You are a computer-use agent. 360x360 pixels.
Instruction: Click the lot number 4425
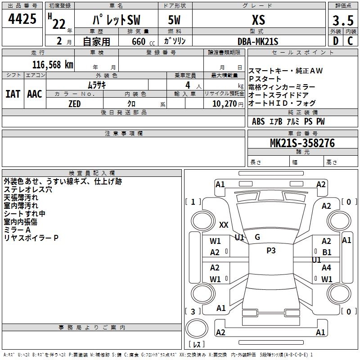tap(22, 20)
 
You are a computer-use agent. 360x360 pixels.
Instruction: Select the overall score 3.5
tap(343, 21)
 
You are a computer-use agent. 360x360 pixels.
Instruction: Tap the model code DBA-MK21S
tap(258, 41)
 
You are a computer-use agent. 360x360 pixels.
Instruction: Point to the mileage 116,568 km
tap(52, 64)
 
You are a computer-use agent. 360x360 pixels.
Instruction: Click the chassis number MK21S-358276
tap(302, 143)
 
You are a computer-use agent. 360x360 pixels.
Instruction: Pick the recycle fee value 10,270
tap(224, 104)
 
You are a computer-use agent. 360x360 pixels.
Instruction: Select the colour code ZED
tap(74, 104)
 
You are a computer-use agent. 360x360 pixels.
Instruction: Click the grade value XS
tap(258, 20)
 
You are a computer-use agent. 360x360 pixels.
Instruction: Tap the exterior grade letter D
tap(335, 41)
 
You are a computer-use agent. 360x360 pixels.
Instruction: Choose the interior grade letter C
tap(350, 41)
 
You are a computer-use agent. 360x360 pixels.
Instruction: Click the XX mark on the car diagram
tap(224, 225)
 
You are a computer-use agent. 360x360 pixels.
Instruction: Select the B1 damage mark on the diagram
tap(327, 252)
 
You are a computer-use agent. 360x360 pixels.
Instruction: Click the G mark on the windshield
tap(257, 237)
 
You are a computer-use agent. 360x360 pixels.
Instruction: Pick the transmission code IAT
tap(13, 94)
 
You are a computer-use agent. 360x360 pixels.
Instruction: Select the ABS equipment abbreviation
tap(258, 121)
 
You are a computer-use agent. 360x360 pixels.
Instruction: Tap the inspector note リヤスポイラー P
tap(31, 238)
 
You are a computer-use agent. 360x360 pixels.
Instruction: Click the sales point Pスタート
tap(265, 79)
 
